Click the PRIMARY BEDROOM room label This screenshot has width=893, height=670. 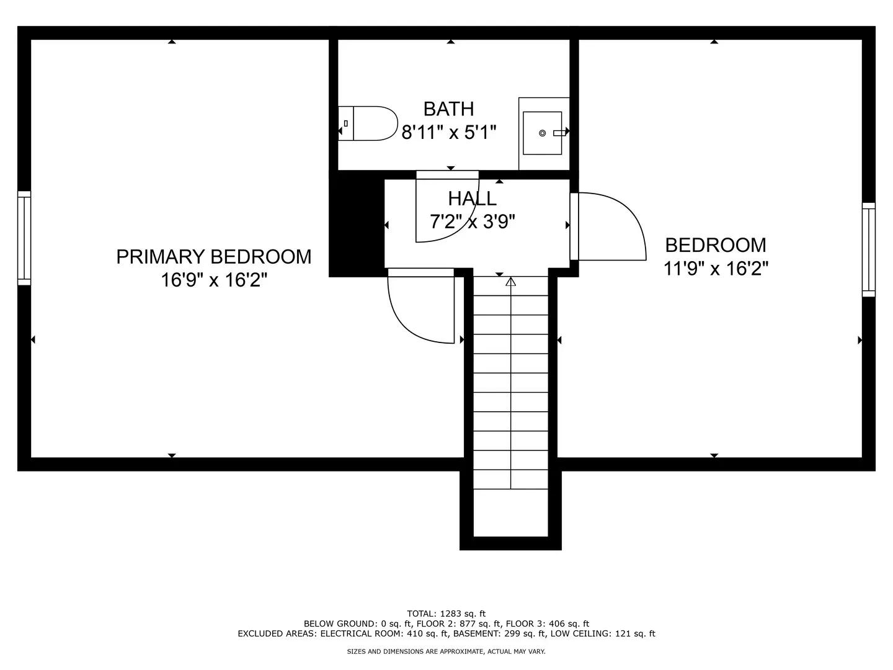(x=213, y=257)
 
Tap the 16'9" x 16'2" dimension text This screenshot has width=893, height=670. (x=213, y=280)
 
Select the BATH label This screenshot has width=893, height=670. (x=448, y=109)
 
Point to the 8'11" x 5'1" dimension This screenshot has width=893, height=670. (x=449, y=132)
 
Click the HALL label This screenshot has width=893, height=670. (x=472, y=199)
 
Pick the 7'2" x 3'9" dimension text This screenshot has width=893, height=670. (x=472, y=221)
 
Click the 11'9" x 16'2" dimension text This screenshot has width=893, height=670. (x=716, y=269)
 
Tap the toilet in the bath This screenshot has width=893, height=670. (x=370, y=123)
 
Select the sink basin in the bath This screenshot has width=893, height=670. (x=543, y=133)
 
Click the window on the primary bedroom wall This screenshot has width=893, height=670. (x=24, y=238)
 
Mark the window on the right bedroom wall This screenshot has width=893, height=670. (x=868, y=249)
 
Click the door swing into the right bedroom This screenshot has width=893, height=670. (x=611, y=226)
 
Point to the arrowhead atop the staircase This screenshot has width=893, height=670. (x=510, y=282)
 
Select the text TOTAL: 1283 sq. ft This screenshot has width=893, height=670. (x=446, y=614)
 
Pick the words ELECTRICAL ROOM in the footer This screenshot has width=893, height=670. (x=354, y=633)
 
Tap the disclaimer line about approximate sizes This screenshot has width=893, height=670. (x=446, y=651)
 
